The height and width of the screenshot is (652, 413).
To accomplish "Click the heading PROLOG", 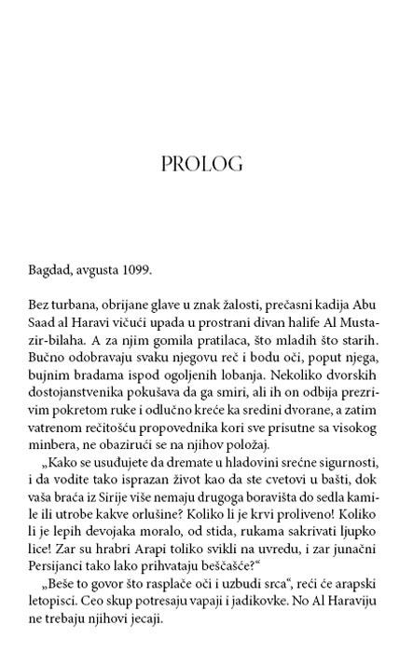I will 202,165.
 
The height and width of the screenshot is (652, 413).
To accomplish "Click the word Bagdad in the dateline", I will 47,271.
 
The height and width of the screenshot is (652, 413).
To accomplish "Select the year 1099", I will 135,271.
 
